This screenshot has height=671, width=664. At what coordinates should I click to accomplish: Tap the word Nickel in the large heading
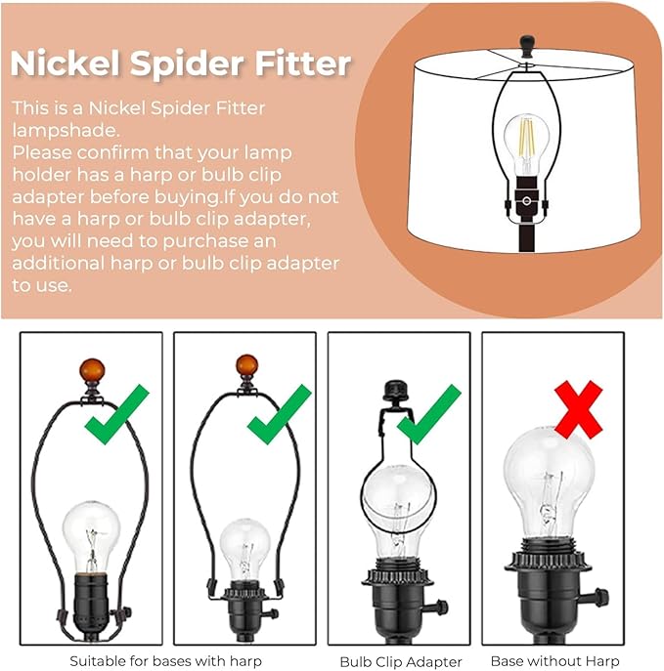(x=65, y=63)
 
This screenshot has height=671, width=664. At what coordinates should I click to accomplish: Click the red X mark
(x=578, y=409)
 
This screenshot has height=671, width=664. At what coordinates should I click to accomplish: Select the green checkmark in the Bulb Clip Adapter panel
(x=429, y=414)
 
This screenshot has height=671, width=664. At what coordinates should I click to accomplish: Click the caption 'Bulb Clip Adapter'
(x=401, y=661)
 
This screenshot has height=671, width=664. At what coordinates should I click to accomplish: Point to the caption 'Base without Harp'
(x=555, y=661)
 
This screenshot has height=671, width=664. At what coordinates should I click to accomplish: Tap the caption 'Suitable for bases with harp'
(x=166, y=661)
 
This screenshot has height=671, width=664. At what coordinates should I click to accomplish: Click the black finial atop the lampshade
(x=527, y=47)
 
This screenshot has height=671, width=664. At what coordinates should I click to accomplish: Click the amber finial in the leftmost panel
(x=92, y=371)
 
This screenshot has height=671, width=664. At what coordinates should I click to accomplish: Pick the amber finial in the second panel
(x=246, y=366)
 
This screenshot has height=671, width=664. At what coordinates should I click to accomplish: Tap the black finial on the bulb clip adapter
(x=396, y=391)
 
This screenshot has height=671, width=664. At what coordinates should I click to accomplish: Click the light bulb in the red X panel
(x=550, y=484)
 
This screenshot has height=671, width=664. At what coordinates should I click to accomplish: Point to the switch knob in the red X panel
(x=598, y=595)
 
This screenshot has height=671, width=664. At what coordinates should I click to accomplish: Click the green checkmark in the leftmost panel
(x=117, y=414)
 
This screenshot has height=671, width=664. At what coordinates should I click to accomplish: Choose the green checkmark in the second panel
(x=280, y=414)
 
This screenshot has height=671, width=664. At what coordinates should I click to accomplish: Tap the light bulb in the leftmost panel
(x=91, y=536)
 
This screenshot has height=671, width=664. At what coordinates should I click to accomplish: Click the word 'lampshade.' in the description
(x=66, y=130)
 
